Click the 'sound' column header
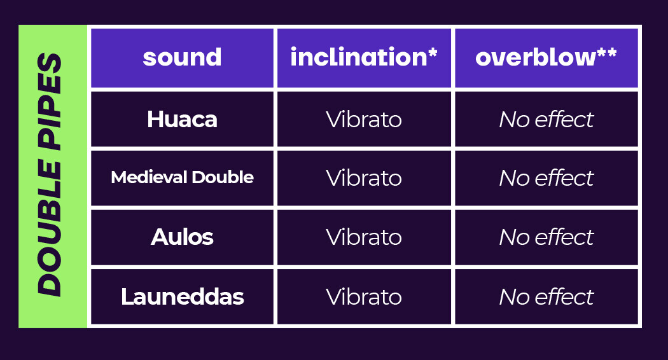click(x=182, y=57)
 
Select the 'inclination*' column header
click(x=364, y=57)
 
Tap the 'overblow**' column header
click(x=546, y=57)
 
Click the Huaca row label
click(x=182, y=120)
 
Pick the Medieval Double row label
click(x=182, y=177)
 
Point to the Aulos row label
click(x=182, y=237)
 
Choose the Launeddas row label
click(x=182, y=296)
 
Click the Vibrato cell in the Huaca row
click(x=364, y=120)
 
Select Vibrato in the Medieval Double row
click(x=364, y=177)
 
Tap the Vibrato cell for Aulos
click(x=364, y=237)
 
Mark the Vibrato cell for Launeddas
click(x=364, y=296)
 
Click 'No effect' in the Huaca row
click(x=546, y=120)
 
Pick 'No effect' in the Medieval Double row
click(x=546, y=177)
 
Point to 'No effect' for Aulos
click(x=546, y=237)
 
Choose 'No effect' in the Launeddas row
click(x=546, y=296)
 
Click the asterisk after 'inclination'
click(x=433, y=52)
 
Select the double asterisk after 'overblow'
click(x=607, y=52)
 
